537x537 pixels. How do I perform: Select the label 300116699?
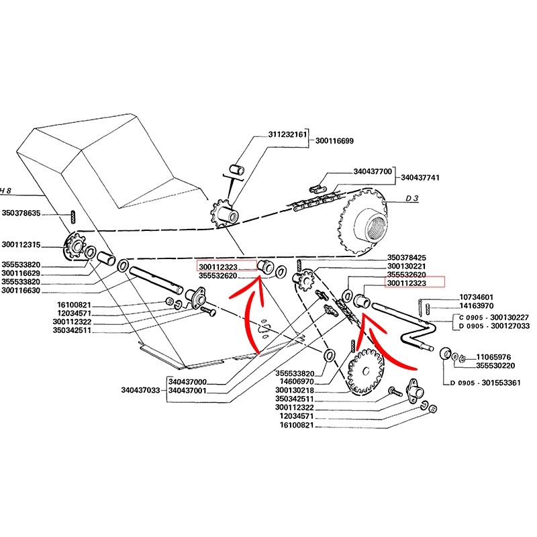(334, 142)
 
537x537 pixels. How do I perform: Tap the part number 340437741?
(420, 178)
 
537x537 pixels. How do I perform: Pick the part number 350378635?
(21, 213)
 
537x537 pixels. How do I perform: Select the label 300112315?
(21, 244)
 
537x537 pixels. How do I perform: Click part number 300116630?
(21, 291)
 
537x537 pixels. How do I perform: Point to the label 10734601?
(477, 297)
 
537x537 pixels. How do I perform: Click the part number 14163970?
(477, 307)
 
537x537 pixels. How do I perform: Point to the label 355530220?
(495, 366)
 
